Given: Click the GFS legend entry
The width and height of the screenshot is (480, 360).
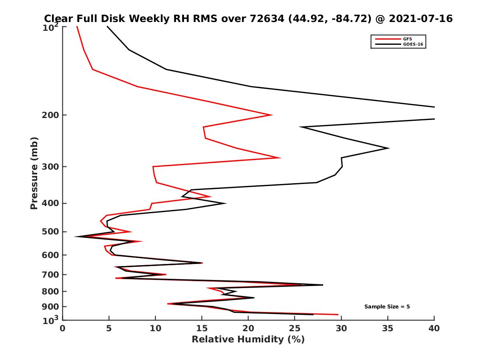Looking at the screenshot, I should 407,39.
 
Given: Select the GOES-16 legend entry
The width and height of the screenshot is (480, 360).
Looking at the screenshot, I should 413,44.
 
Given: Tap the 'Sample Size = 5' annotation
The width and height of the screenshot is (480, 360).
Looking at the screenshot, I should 387,307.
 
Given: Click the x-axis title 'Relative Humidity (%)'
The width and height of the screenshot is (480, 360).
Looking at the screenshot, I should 248,340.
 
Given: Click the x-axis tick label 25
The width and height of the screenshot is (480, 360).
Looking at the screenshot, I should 295,328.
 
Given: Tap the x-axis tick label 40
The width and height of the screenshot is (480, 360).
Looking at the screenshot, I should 434,328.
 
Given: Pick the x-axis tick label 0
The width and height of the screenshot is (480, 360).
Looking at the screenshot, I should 63,328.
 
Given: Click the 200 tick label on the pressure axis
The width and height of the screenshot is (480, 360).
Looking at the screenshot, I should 51,115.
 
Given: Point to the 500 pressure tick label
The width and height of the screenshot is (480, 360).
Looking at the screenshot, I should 51,232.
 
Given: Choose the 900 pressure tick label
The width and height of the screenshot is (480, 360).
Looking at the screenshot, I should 51,307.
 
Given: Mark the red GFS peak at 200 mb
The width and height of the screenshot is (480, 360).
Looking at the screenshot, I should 272,115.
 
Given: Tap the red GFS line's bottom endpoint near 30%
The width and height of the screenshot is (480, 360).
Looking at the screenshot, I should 338,314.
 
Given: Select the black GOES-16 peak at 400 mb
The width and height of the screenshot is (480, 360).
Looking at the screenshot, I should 226,203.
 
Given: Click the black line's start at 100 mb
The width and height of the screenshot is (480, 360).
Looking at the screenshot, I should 107,26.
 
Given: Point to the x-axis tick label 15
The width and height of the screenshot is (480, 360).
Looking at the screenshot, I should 202,328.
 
